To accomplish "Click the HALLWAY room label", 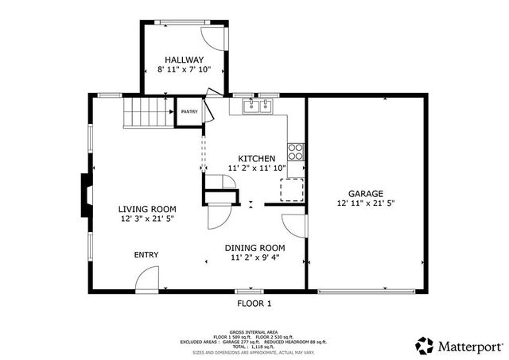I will [185, 60].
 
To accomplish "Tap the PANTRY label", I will [188, 112].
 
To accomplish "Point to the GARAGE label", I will [365, 193].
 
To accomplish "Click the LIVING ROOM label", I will [147, 208].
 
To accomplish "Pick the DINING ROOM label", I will [254, 247].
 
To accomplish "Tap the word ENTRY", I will [146, 255].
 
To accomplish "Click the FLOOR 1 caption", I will [254, 304].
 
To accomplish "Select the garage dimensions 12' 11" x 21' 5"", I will [365, 203].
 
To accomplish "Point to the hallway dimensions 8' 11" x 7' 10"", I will [185, 71].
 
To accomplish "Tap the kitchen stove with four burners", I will [296, 151].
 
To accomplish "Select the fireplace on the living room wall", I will [84, 195].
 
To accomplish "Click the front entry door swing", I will [147, 279].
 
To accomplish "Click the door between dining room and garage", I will [296, 225].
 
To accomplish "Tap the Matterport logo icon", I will [425, 345].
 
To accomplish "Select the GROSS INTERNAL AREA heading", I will [254, 331].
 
